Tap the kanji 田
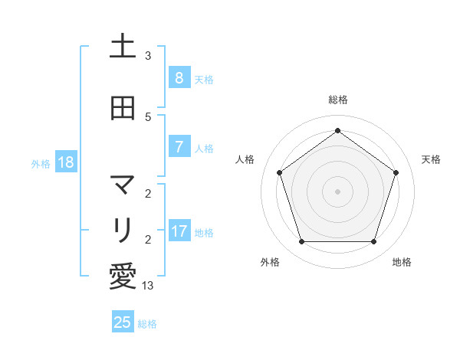point(122,108)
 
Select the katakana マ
point(122,185)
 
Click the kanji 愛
point(122,277)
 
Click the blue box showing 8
point(179,77)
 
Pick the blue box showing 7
point(179,146)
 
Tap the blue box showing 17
point(179,231)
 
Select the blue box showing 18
point(64,162)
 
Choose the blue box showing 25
point(123,322)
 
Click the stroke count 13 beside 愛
point(148,285)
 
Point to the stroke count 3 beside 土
point(148,56)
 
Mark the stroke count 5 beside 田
point(148,116)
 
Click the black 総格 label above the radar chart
point(337,100)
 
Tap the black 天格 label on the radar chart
point(431,159)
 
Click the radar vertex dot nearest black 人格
point(279,172)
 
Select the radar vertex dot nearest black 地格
point(373,241)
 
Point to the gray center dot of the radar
point(337,191)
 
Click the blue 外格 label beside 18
point(41,163)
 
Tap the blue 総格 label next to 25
point(147,323)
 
